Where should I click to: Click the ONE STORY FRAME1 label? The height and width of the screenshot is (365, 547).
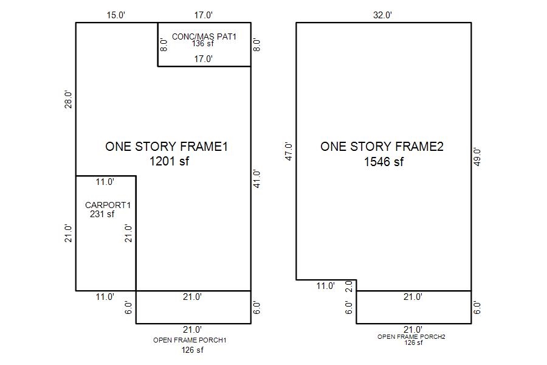[x=167, y=147]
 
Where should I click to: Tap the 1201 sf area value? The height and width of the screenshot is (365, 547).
[x=169, y=161]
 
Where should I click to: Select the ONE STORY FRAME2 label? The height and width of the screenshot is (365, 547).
[x=382, y=147]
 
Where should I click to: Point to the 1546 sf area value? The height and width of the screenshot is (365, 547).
[x=384, y=162]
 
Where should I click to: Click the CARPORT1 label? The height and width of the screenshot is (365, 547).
[x=108, y=205]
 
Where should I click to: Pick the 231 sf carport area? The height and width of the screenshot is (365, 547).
[x=102, y=214]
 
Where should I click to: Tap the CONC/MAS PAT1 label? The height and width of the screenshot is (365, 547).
[x=204, y=36]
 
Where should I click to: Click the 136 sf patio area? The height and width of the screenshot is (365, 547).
[x=202, y=44]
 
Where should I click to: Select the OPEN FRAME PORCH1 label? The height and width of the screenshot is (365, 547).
[x=190, y=340]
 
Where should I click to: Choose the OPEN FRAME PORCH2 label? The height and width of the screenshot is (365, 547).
[x=411, y=336]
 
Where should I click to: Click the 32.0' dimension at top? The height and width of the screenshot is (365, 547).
[x=383, y=15]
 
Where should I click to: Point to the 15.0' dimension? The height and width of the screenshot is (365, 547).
[x=116, y=15]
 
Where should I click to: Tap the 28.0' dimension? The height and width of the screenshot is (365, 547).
[x=68, y=100]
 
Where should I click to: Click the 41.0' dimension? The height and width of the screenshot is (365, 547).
[x=256, y=179]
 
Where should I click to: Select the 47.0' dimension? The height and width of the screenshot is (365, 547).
[x=289, y=151]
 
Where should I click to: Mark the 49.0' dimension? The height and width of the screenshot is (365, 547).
[x=477, y=157]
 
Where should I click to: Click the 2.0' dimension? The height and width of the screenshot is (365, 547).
[x=349, y=286]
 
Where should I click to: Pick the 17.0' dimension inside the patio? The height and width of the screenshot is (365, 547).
[x=204, y=58]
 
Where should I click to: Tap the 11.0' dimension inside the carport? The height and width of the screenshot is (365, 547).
[x=105, y=182]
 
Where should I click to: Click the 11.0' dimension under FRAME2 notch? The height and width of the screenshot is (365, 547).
[x=326, y=286]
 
